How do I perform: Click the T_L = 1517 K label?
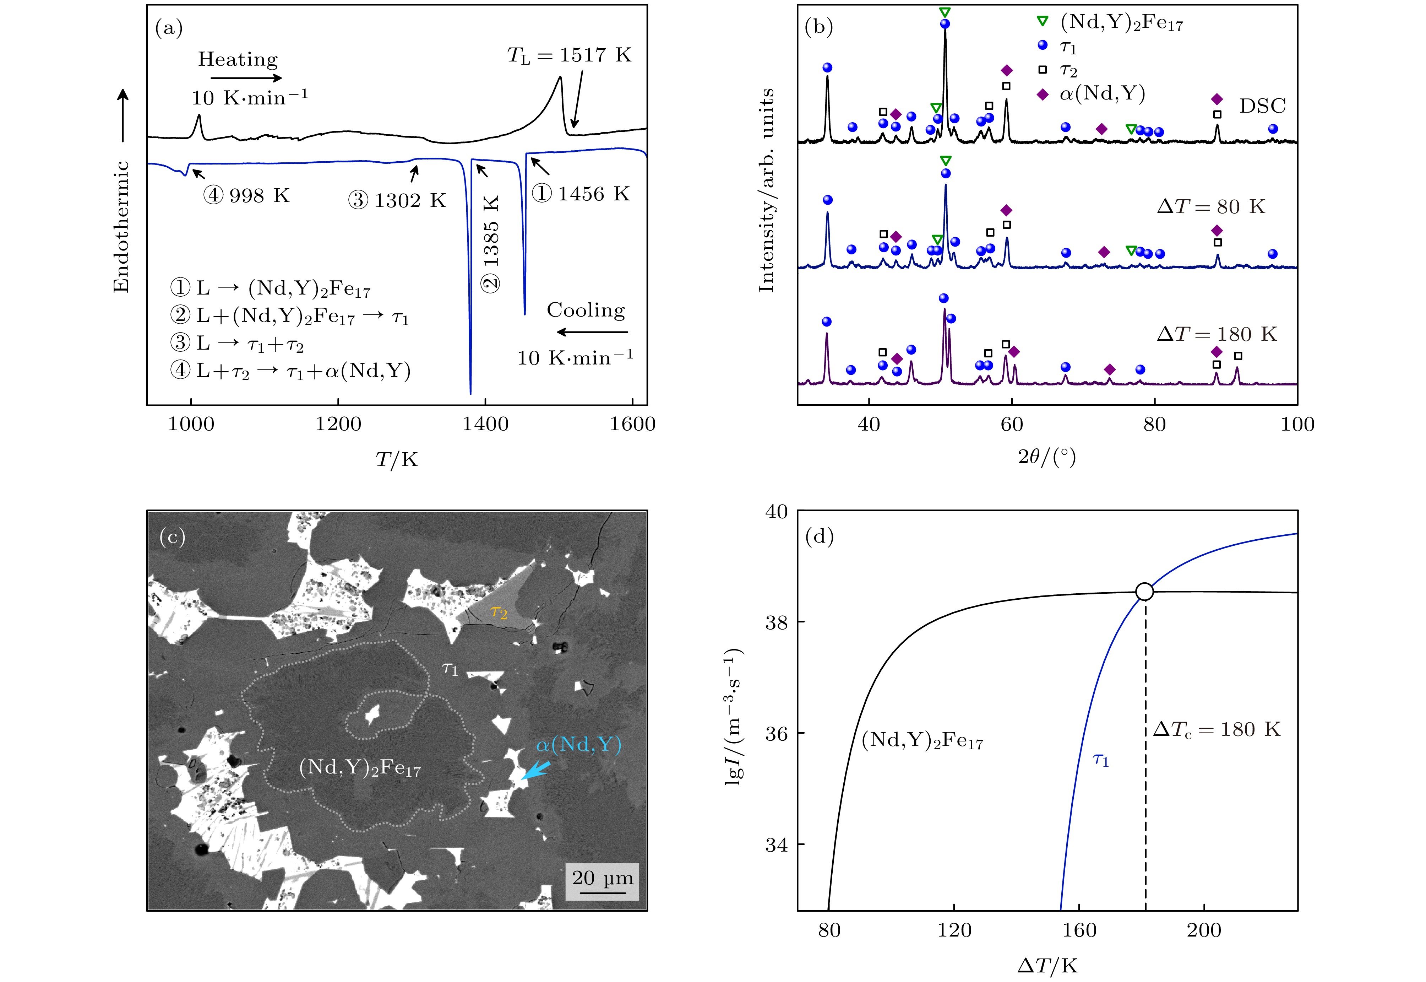click(x=569, y=55)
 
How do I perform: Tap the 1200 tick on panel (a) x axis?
click(x=338, y=424)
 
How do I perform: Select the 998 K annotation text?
click(x=246, y=196)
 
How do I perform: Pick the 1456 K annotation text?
click(x=581, y=194)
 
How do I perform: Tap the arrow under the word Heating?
click(x=246, y=78)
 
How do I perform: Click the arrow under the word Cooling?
click(x=592, y=332)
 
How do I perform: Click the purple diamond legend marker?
click(x=1043, y=94)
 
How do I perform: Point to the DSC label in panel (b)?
click(x=1262, y=106)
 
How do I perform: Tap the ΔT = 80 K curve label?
click(x=1211, y=207)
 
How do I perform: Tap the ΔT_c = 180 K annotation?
click(x=1216, y=730)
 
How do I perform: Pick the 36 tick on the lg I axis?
click(x=776, y=733)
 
